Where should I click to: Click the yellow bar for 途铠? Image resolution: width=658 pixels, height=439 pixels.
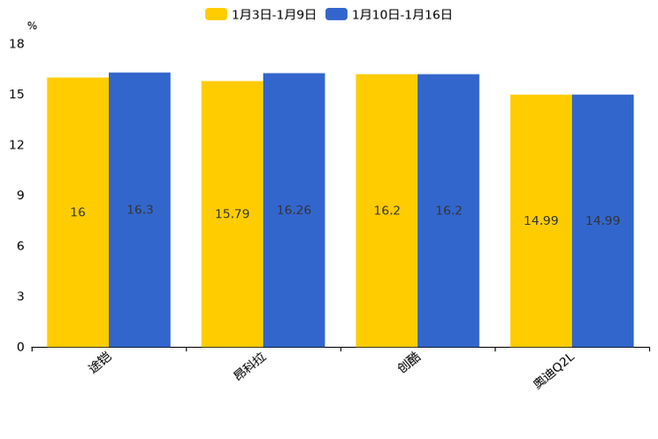coord(78,212)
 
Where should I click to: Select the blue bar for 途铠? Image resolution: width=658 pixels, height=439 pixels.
coord(140,210)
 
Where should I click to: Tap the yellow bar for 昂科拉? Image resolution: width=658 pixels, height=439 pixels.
coord(232,214)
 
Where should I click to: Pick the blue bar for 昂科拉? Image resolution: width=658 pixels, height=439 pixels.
coord(295,210)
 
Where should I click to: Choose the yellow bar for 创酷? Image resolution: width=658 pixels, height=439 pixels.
coord(386,211)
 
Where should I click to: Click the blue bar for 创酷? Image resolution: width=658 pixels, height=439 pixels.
coord(448,211)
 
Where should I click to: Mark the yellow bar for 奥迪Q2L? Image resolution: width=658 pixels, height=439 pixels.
coord(541,221)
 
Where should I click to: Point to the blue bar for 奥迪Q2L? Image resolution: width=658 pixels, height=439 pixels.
coord(603,221)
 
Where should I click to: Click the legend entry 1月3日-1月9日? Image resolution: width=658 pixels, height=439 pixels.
coord(261,15)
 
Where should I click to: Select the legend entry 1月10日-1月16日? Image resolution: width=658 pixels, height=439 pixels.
coord(388,15)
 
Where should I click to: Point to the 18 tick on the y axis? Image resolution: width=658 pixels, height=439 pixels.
coord(17,43)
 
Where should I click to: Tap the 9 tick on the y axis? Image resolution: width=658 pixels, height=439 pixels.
coord(20,196)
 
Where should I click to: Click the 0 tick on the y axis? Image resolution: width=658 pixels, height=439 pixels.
coord(20,347)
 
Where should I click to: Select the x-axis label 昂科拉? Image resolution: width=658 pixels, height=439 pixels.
coord(249,366)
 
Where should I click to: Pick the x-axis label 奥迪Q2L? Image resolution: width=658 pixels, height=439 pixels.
coord(554,373)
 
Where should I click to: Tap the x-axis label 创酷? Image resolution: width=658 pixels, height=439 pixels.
coord(409,362)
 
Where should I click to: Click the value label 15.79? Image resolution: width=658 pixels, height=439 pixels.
coord(232,214)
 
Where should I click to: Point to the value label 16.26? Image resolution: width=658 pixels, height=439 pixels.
coord(295,210)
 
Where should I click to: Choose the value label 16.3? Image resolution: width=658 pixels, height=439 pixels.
coord(140,210)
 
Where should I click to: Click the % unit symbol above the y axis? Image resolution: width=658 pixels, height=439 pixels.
coord(33,26)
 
